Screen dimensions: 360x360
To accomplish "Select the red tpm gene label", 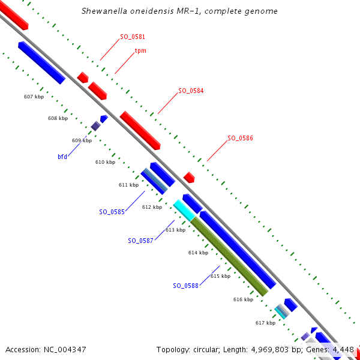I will [140, 51].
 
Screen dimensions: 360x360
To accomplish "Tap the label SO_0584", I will [191, 91].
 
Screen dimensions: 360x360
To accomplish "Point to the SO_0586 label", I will [240, 138].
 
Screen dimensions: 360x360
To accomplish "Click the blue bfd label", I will [62, 157].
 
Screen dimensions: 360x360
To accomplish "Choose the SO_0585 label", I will [112, 212].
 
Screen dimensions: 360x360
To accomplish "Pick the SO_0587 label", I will [140, 241].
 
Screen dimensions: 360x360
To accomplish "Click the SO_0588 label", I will [185, 285].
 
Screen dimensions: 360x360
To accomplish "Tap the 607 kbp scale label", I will [34, 97].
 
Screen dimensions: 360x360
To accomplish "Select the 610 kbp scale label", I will [105, 163].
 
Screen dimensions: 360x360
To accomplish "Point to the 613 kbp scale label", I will [175, 230].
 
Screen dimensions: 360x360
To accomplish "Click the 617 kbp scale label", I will [265, 323].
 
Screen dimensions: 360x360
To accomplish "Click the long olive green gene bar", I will [229, 256].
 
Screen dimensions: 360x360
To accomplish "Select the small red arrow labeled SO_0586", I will [189, 177].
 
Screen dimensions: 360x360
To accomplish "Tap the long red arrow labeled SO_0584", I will [140, 130].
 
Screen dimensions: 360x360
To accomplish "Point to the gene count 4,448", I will [343, 349].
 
